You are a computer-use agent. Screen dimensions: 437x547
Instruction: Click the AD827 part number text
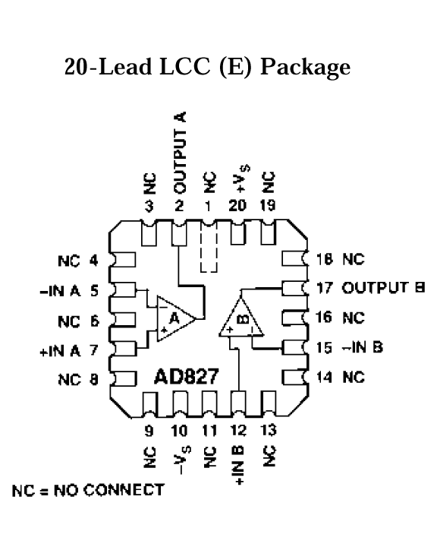[186, 376]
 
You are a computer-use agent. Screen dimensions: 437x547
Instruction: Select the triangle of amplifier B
[241, 319]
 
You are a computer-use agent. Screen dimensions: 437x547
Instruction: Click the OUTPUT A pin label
[180, 153]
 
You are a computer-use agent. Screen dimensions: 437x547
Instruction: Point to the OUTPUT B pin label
[383, 288]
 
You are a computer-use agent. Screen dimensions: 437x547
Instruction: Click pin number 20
[237, 205]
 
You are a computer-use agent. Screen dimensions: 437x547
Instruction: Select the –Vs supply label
[182, 459]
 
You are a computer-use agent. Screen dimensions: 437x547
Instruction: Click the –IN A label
[60, 290]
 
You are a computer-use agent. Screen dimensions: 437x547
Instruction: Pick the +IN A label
[60, 350]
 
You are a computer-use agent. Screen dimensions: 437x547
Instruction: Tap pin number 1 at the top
[208, 206]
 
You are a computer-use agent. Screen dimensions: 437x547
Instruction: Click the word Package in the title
[305, 67]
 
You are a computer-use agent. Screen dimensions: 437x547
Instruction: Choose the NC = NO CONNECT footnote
[88, 490]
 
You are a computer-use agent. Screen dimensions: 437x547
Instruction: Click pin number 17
[324, 288]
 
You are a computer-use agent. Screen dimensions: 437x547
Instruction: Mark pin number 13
[268, 431]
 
